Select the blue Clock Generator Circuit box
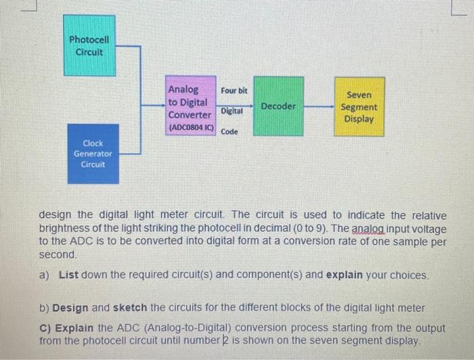tap(93, 154)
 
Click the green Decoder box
tap(278, 106)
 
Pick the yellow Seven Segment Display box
tap(360, 107)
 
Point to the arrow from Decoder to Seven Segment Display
tap(318, 106)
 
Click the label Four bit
tap(234, 90)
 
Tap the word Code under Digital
tap(230, 131)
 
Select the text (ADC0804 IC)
tap(191, 127)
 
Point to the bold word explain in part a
tap(345, 275)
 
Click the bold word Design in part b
tap(70, 308)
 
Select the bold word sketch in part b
tap(128, 308)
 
